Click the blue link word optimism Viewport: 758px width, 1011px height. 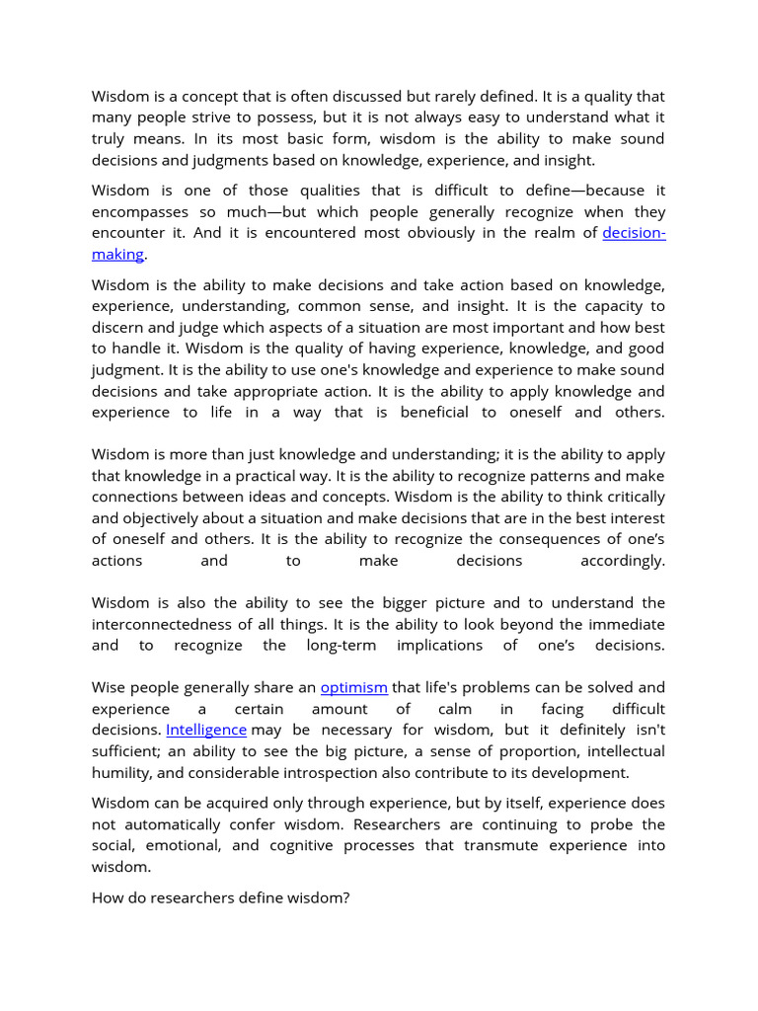[354, 687]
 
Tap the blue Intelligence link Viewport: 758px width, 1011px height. [206, 730]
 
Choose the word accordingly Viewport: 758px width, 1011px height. [622, 561]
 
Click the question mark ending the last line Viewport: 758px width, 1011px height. [346, 898]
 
